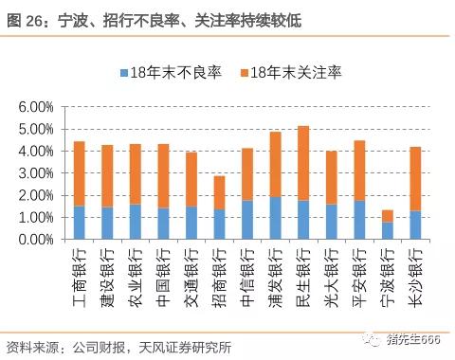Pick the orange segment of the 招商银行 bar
coord(219,192)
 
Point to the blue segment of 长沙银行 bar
coord(415,225)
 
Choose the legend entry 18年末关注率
coord(297,73)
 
